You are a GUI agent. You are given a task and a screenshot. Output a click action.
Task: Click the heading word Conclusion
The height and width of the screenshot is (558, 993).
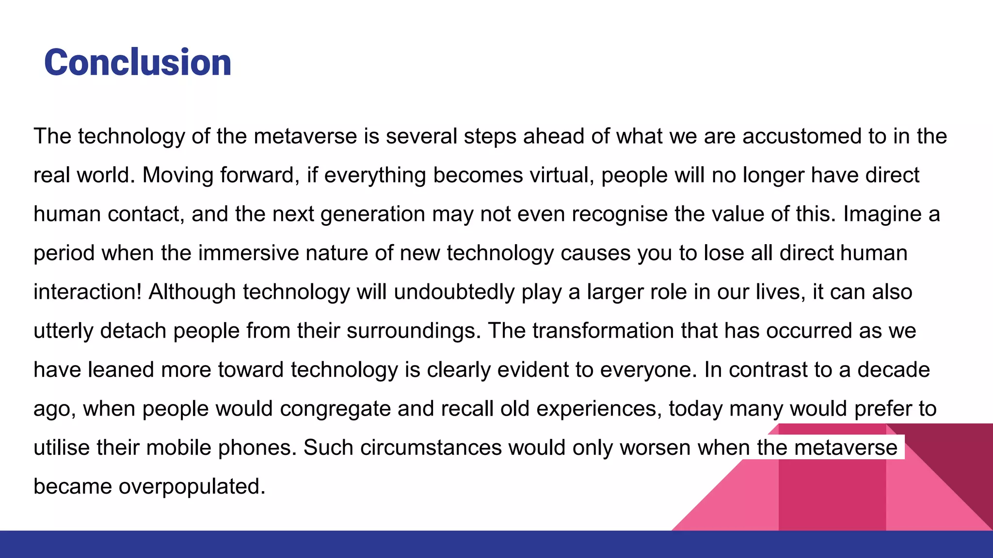(138, 63)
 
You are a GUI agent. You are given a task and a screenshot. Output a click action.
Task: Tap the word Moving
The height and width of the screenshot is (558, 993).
(177, 175)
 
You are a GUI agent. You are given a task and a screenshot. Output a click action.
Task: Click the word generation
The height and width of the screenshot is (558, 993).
(373, 214)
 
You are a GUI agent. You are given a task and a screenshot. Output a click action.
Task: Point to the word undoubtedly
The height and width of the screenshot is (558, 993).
(454, 292)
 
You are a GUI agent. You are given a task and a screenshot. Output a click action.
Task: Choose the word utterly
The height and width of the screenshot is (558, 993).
(63, 331)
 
